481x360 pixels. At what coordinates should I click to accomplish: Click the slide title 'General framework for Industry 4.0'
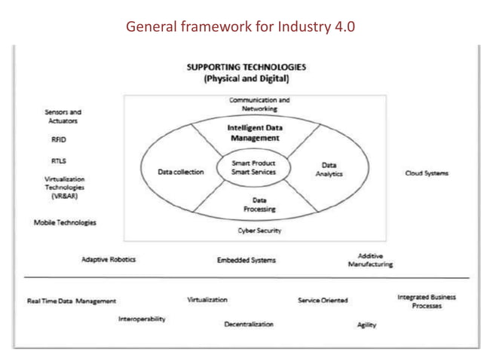[240, 27]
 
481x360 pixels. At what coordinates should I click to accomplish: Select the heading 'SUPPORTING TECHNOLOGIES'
[247, 66]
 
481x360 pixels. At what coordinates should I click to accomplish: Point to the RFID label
[59, 139]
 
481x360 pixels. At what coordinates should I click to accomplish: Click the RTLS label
[59, 160]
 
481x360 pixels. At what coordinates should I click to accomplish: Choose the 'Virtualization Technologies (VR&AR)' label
[65, 188]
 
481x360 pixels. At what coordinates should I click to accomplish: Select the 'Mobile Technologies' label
[65, 223]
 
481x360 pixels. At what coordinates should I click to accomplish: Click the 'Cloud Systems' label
[427, 172]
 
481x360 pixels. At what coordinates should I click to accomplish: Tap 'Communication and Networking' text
[259, 104]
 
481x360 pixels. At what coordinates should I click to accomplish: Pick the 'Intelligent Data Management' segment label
[254, 133]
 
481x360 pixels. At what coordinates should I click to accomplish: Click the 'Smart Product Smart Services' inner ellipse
[253, 167]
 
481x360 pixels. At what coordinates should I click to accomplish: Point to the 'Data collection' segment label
[181, 172]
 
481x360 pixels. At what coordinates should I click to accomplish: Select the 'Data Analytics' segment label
[329, 169]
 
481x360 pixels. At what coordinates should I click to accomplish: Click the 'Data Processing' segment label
[259, 204]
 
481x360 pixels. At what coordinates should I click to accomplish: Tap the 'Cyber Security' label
[259, 230]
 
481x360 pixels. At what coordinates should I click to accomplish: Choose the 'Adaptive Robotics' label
[109, 260]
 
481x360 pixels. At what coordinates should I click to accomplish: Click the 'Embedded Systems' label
[247, 261]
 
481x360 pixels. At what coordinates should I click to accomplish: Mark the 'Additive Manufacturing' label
[370, 260]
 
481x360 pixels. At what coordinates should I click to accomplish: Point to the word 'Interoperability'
[142, 319]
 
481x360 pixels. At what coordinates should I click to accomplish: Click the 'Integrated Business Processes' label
[427, 302]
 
